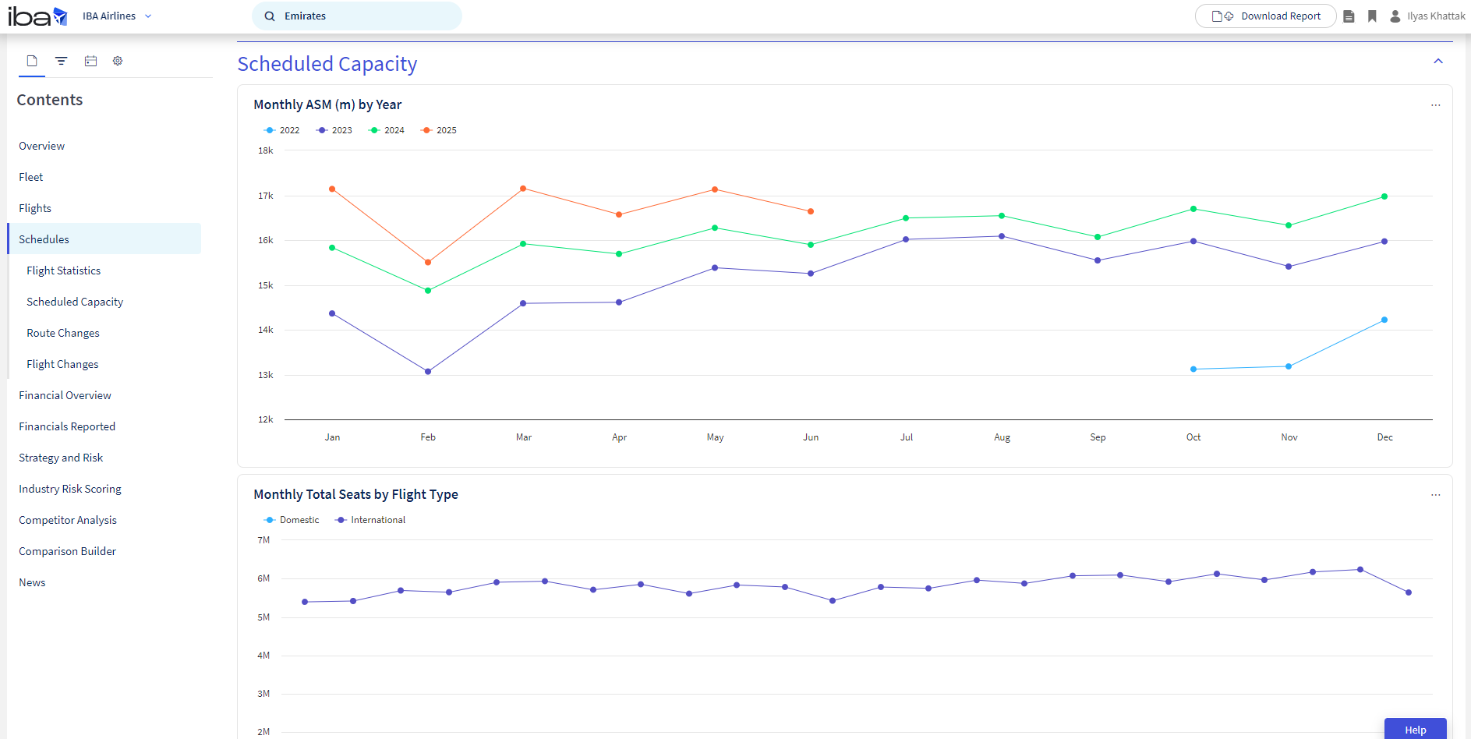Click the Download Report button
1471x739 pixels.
[1265, 16]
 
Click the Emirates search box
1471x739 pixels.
[357, 16]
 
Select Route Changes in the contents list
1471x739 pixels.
[63, 333]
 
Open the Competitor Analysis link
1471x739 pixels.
[68, 520]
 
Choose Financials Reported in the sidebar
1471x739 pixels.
[67, 426]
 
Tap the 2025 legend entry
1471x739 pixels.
[438, 130]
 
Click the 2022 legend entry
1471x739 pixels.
[281, 130]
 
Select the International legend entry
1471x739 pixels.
[370, 520]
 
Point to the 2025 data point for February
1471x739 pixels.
[428, 262]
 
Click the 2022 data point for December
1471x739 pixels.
[1384, 320]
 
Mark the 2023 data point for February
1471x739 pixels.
[428, 372]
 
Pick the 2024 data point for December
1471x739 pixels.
[1384, 196]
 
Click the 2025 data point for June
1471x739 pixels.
[811, 211]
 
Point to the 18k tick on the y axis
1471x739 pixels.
[266, 150]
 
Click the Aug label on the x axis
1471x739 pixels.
[1002, 437]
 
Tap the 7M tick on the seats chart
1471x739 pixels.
[263, 540]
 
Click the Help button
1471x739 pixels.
[1416, 729]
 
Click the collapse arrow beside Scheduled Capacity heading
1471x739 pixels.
[1438, 61]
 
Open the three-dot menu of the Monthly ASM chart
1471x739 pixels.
[1436, 105]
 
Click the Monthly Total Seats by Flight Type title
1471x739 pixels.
[355, 494]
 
